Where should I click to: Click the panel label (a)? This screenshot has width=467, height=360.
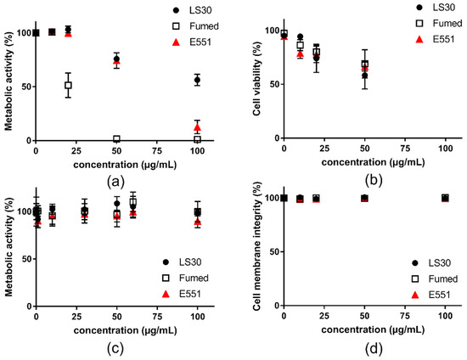click(117, 179)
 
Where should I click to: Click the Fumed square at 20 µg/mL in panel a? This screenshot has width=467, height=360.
click(69, 85)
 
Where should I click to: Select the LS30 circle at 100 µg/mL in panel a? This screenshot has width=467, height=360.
click(198, 80)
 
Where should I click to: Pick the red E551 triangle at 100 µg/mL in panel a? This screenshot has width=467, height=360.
click(198, 127)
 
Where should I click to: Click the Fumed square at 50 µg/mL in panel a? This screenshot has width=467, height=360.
click(116, 139)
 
